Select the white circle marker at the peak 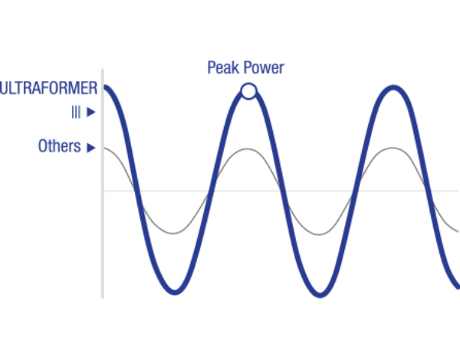point(248,91)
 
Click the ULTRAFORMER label point(49,88)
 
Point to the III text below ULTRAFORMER point(76,113)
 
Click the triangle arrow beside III point(91,113)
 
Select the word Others point(60,146)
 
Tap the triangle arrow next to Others point(91,148)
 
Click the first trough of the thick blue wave point(175,292)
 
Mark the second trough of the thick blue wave point(320,294)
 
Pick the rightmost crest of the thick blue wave point(393,88)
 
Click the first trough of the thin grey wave point(173,234)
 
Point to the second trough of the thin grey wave point(319,234)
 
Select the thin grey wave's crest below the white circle point(248,149)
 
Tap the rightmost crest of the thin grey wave point(393,148)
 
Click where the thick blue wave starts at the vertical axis point(105,87)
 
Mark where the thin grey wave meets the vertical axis point(104,149)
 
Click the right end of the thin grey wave point(458,231)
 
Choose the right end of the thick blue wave point(458,286)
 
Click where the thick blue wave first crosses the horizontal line point(137,191)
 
